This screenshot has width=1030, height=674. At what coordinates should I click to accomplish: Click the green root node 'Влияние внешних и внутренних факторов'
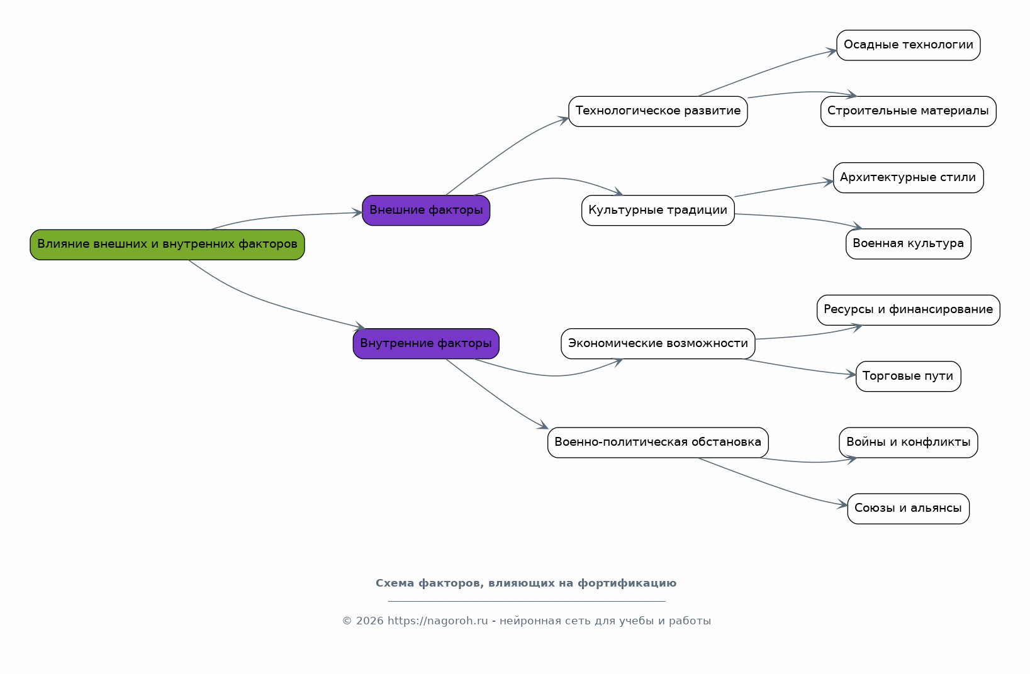[167, 245]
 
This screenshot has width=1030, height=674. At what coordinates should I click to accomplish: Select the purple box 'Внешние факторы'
[426, 211]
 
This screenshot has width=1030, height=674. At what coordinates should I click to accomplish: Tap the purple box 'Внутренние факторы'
[426, 344]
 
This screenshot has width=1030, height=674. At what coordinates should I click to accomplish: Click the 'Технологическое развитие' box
[658, 111]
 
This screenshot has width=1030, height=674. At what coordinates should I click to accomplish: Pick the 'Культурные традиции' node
[658, 211]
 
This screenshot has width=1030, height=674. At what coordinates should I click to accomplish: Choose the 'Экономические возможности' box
[658, 344]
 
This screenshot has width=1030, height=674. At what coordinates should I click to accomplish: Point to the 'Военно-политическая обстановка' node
[658, 443]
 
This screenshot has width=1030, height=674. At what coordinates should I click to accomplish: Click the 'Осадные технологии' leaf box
[908, 45]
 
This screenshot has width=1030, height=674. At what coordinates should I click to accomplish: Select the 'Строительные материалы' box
[908, 111]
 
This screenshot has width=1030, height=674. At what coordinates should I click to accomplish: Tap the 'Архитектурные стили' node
[908, 178]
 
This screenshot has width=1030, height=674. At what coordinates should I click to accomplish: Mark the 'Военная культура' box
[908, 244]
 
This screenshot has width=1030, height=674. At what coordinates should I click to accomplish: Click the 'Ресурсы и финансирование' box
[908, 310]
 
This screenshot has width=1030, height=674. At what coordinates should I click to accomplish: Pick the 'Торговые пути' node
[908, 376]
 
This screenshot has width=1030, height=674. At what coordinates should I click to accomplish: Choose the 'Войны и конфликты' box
[908, 443]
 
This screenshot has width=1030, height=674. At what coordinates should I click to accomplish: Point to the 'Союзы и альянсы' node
[908, 509]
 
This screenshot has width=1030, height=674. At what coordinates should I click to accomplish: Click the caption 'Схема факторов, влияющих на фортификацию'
[526, 583]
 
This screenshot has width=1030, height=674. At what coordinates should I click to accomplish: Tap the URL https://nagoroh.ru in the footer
[437, 621]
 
